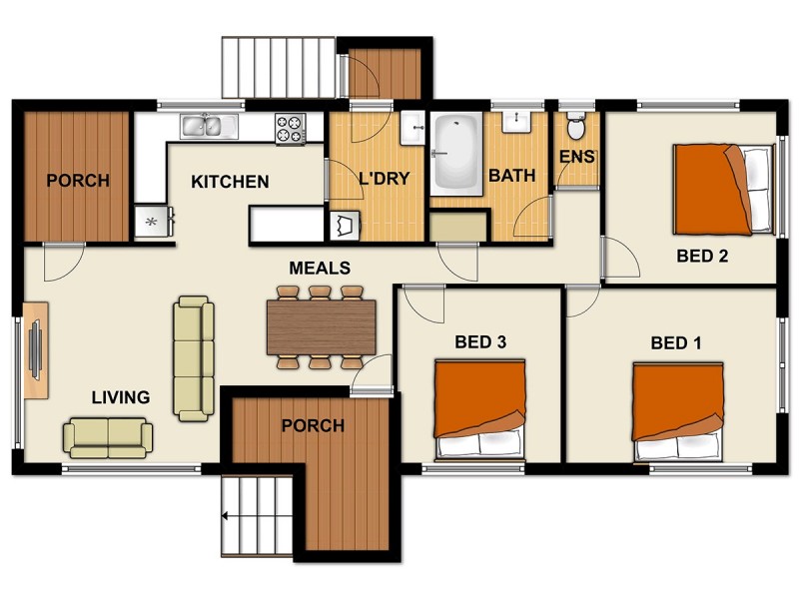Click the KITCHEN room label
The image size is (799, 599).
[x=230, y=182]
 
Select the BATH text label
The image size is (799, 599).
[x=511, y=176]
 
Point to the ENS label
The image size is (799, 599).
[x=575, y=158]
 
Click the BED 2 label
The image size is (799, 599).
[x=702, y=256]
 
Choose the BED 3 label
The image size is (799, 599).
[x=480, y=341]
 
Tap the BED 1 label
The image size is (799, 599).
[x=676, y=343]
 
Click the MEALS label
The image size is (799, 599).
[x=320, y=268]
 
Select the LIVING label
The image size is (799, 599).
[x=121, y=397]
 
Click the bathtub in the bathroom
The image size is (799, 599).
[x=455, y=153]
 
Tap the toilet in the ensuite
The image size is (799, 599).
[x=575, y=127]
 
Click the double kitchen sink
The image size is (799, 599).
[x=209, y=126]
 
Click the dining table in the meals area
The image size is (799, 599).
[x=321, y=326]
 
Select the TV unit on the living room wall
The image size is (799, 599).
[x=35, y=348]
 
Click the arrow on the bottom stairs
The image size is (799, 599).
[x=229, y=516]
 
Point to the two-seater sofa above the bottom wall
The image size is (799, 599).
[x=108, y=436]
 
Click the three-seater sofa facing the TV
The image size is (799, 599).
[x=193, y=356]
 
